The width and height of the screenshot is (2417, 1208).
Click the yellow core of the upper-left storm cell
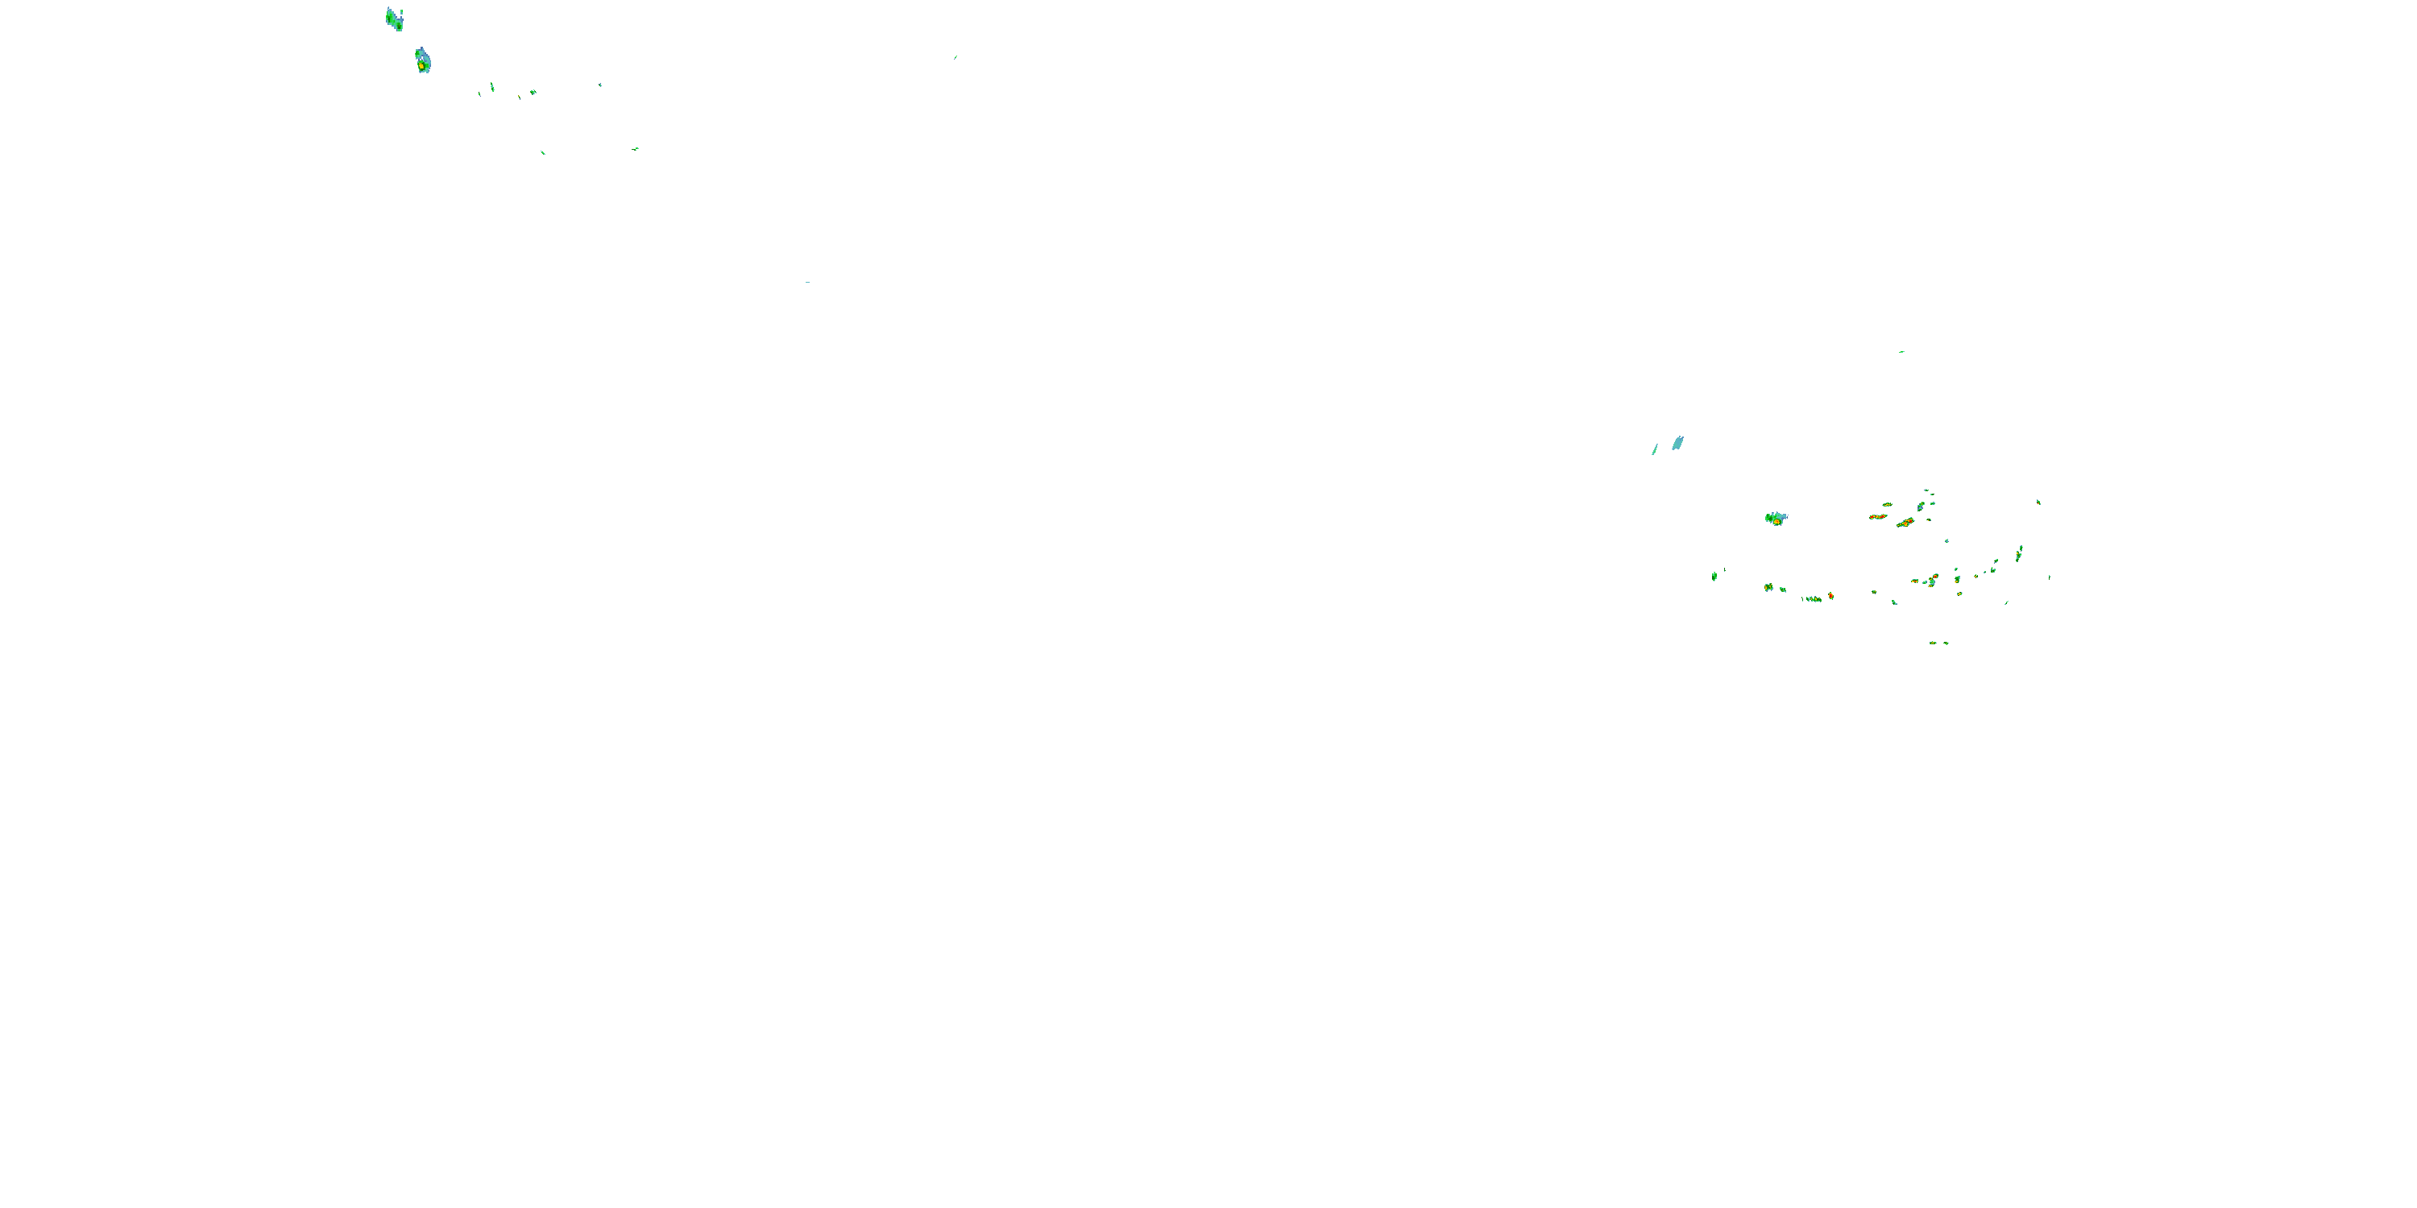pos(423,66)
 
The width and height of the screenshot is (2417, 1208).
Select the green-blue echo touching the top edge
pos(394,19)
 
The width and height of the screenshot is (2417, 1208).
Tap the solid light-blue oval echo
pos(1677,443)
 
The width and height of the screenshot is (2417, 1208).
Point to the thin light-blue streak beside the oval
pos(1655,449)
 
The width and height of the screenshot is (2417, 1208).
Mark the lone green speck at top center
pos(956,57)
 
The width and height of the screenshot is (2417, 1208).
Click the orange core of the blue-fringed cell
pos(1776,520)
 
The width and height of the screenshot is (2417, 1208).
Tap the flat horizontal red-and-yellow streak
pos(1877,517)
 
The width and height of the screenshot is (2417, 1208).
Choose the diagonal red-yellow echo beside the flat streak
pos(1905,523)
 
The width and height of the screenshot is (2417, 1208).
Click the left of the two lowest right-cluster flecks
pos(1933,643)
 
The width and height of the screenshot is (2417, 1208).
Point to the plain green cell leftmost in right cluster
pos(1714,576)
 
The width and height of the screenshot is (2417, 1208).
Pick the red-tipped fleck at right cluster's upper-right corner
pos(2038,502)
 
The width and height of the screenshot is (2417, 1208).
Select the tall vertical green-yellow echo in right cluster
pos(2018,554)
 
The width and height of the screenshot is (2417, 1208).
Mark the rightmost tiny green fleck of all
pos(2049,577)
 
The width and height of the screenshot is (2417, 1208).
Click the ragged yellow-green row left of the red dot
pos(1813,598)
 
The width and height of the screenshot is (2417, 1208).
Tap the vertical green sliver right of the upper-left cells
pos(492,87)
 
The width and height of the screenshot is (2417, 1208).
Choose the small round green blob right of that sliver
pos(533,92)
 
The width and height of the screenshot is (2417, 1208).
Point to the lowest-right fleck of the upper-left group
pos(636,148)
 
